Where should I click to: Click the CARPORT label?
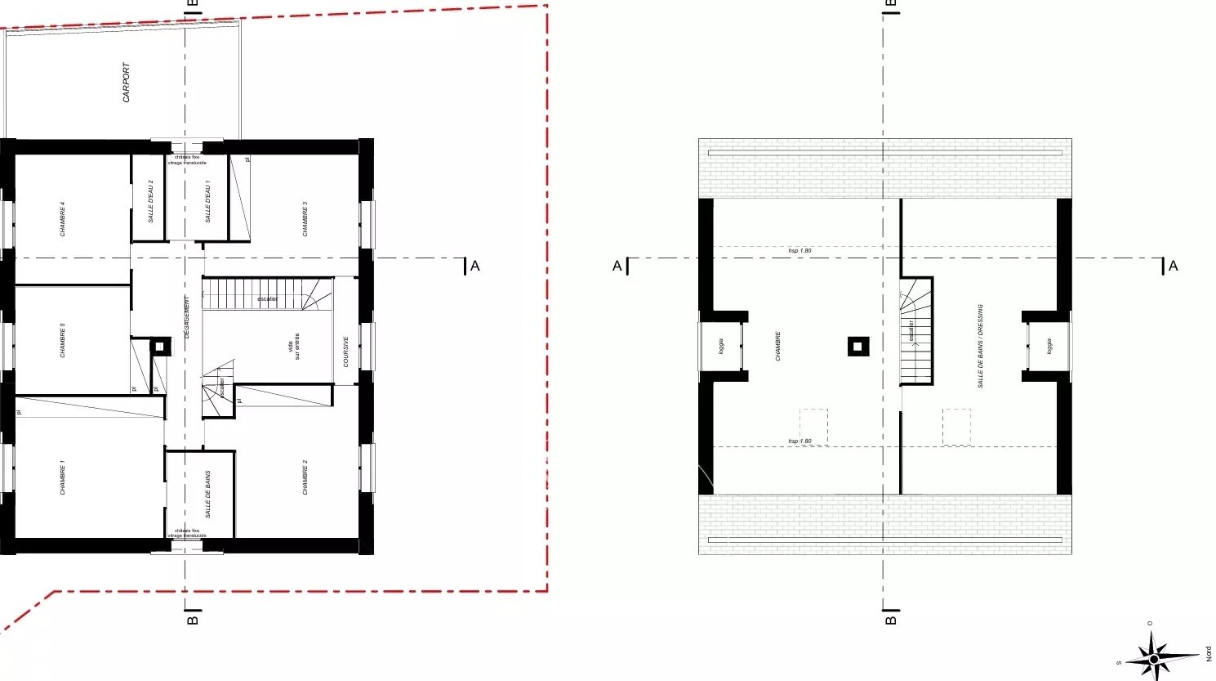click(x=126, y=83)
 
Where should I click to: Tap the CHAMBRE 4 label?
click(x=63, y=219)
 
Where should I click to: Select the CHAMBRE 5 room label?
click(x=63, y=340)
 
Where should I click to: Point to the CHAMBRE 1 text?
click(x=63, y=477)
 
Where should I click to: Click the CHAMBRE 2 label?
click(x=305, y=477)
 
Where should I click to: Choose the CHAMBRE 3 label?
click(x=305, y=219)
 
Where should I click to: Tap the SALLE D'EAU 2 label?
click(x=151, y=201)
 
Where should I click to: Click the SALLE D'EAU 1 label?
click(x=207, y=201)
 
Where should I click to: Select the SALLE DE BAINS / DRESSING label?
click(x=980, y=346)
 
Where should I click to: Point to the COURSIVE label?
click(x=346, y=352)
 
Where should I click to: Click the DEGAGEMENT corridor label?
click(x=186, y=317)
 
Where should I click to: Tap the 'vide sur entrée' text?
click(x=293, y=346)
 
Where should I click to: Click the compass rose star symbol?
click(x=1153, y=657)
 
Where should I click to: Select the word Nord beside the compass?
click(x=1209, y=653)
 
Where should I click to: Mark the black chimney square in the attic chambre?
click(x=857, y=347)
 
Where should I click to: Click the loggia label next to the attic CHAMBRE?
click(x=721, y=346)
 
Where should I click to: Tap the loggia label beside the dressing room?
click(x=1049, y=346)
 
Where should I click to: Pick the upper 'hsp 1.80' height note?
click(x=800, y=250)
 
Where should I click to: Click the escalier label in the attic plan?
click(x=911, y=330)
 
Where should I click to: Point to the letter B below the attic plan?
click(x=891, y=620)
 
